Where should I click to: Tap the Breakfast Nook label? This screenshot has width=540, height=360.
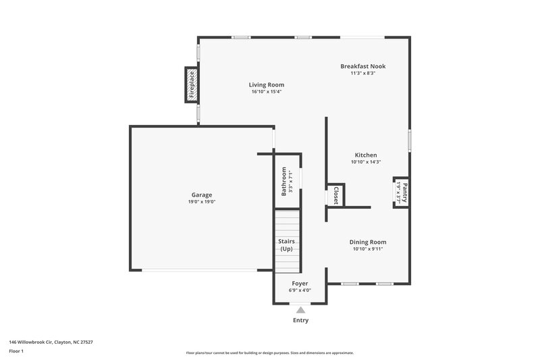point(362,66)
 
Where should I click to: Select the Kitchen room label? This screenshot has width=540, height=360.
point(366,155)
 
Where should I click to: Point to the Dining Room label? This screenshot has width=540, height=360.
point(368,242)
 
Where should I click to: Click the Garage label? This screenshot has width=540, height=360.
point(201,195)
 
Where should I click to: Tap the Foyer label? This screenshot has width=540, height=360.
point(300,284)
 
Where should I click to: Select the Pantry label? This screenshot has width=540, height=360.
point(404,190)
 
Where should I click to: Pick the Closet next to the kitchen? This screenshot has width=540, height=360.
point(335,195)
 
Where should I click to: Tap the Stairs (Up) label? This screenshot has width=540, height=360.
point(287,245)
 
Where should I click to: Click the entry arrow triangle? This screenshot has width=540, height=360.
point(300,309)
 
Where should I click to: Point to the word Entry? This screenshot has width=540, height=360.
point(300,320)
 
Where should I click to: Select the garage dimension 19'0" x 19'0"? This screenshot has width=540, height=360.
point(201,202)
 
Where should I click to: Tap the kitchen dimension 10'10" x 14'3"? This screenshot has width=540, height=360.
point(366,162)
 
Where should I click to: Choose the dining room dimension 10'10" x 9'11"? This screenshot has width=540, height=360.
point(368,249)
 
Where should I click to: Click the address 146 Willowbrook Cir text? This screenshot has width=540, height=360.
point(51,342)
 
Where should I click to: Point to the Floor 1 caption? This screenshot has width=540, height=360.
point(16,351)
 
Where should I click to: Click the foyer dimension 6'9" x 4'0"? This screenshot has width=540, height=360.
point(300,291)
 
